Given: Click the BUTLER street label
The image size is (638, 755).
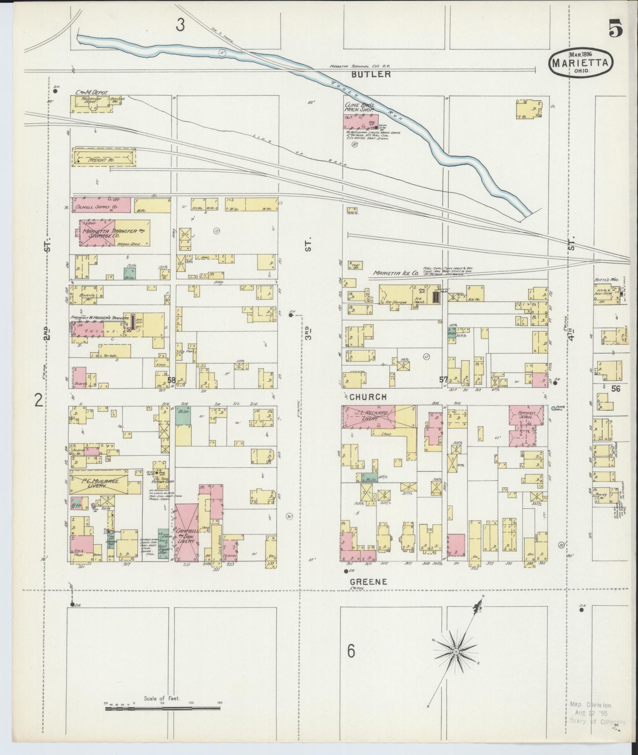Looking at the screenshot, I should click(x=370, y=74).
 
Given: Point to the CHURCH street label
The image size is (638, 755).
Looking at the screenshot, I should click(x=368, y=397).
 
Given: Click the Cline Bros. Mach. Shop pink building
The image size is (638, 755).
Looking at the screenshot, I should click(x=361, y=121).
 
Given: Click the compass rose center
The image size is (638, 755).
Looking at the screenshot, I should click(x=456, y=651).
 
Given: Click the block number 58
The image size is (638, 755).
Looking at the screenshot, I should click(x=171, y=380).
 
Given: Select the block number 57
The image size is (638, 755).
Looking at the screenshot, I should click(x=443, y=379).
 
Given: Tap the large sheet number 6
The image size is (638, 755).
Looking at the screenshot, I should click(x=351, y=652).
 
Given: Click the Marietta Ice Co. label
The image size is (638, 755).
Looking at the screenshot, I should click(x=395, y=273).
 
